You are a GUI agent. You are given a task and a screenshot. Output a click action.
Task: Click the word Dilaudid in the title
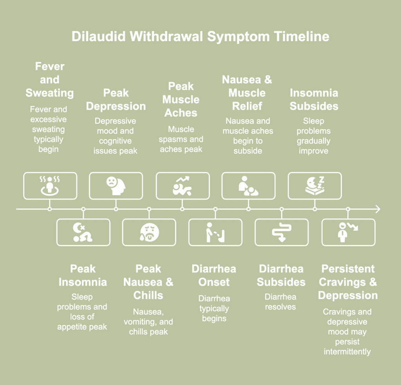pos(99,37)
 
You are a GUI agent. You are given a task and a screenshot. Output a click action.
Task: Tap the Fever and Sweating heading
pos(50,80)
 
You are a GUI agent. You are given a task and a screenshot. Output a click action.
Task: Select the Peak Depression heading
pos(116,100)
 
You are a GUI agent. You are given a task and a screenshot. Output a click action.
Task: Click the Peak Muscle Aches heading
pos(181,100)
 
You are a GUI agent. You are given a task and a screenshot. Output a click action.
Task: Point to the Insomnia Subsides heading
pos(314,100)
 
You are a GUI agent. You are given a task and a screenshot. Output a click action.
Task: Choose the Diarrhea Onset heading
pos(214,275)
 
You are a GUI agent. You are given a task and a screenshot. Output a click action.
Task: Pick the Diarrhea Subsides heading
pos(281,275)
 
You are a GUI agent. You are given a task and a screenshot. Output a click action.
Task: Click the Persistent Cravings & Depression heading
pos(348,282)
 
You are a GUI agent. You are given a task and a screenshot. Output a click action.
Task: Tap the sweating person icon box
pos(50,186)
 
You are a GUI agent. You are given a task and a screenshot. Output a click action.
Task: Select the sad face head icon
pos(116,186)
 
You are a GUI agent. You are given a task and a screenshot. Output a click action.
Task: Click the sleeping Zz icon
pos(315,186)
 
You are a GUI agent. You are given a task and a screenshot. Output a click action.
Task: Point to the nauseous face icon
pos(149,232)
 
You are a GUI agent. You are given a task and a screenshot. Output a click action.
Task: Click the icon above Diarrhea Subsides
pos(281,232)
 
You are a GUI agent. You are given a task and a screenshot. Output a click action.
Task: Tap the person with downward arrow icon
pos(348,232)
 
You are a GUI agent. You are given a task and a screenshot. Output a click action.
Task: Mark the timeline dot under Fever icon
pos(50,209)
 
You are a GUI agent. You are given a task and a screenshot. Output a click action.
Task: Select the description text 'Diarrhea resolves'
pos(280,301)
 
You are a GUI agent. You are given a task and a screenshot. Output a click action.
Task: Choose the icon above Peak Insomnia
pos(83,232)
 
